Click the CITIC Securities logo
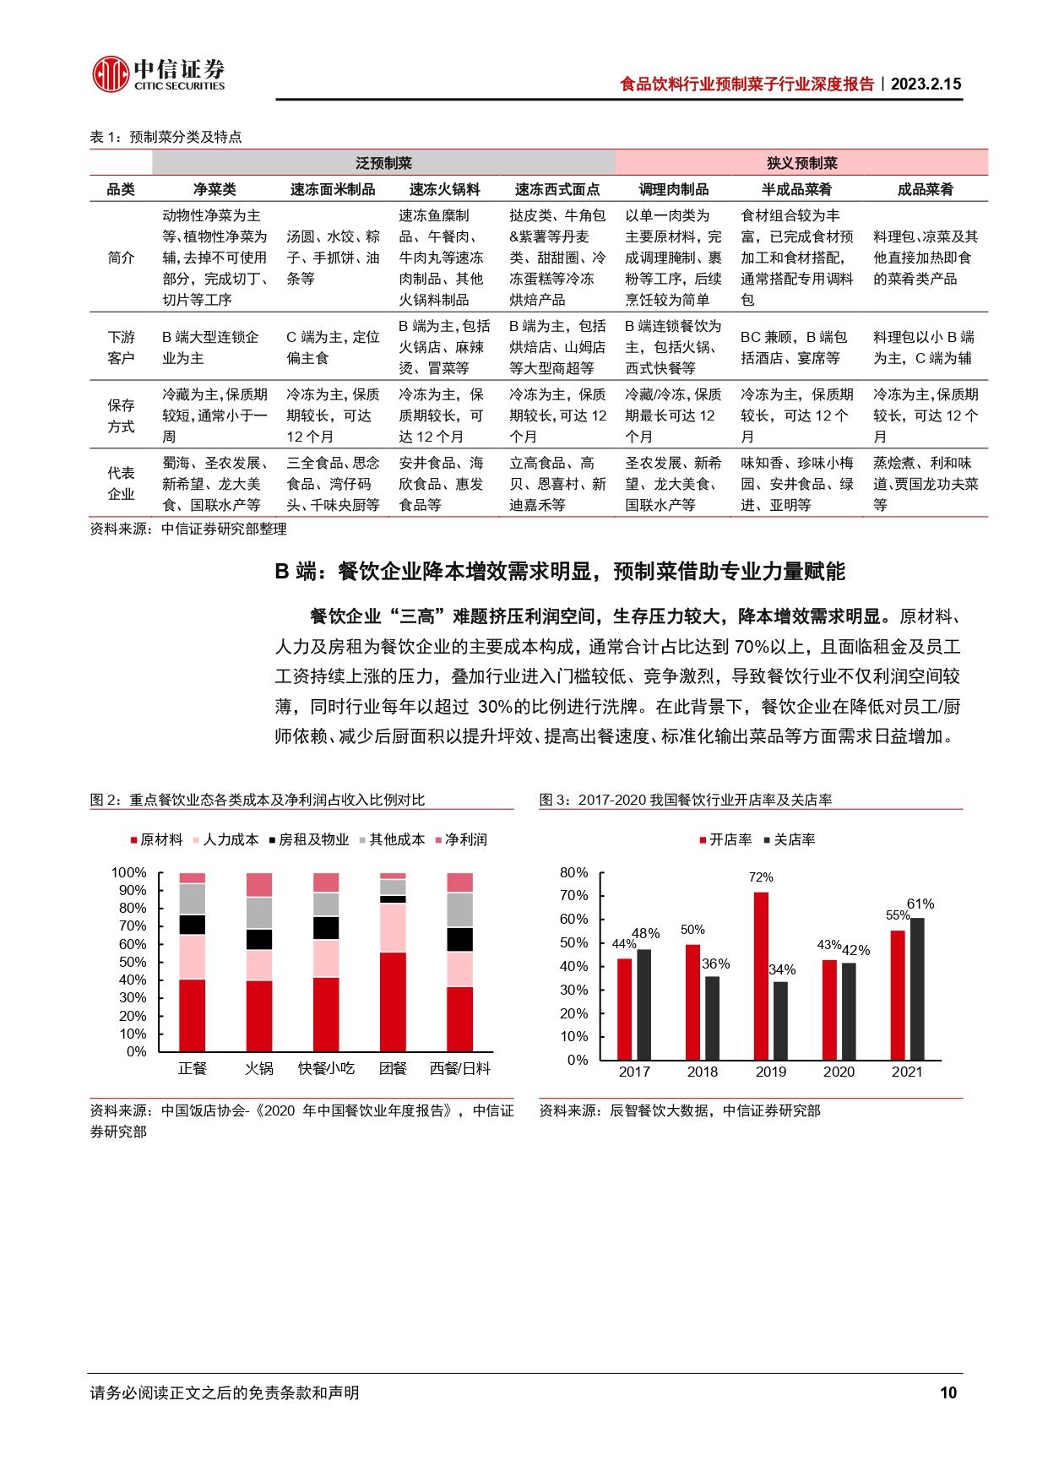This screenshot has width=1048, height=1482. coord(159,74)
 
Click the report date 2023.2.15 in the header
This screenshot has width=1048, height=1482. coord(926,84)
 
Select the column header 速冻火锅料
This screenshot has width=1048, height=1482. coord(445,189)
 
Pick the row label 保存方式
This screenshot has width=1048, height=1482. coord(121,415)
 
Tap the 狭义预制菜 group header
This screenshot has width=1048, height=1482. coord(801,163)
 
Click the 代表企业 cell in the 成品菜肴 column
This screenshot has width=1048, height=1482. coord(925,484)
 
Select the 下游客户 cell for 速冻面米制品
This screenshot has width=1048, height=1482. coord(333,347)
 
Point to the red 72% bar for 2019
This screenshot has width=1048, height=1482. coord(761,975)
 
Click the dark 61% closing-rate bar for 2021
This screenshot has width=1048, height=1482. coord(917,988)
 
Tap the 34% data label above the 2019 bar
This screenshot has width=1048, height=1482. coord(782,970)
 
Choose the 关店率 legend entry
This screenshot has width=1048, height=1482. coord(789,839)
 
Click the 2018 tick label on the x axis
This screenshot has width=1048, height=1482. coord(702,1072)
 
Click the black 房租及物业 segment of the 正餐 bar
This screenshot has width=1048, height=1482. coord(193,925)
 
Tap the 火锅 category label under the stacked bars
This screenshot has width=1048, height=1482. coord(259,1068)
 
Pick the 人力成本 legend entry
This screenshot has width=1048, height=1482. coord(225,839)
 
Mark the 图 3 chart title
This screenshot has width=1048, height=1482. coord(685,799)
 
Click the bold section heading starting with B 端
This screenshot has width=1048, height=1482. coord(559,572)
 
